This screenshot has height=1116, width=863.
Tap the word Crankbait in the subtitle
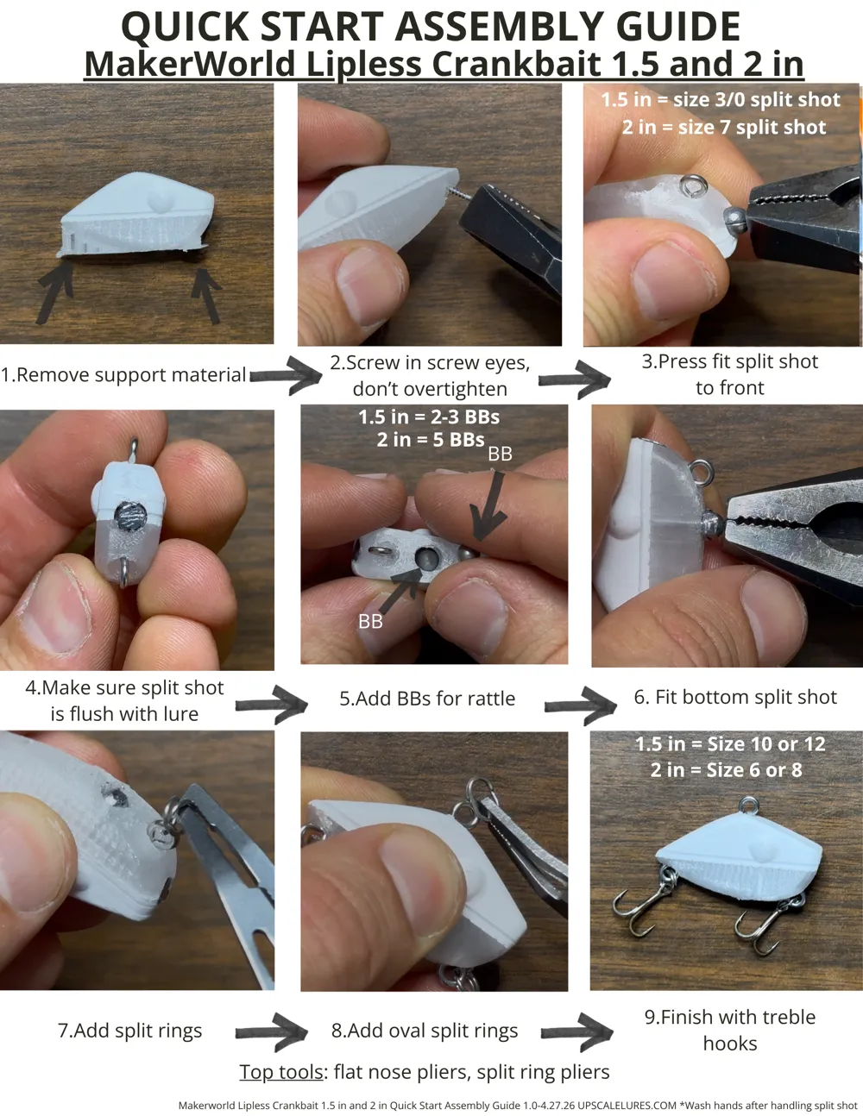point(516,64)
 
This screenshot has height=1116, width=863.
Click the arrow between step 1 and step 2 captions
point(286,375)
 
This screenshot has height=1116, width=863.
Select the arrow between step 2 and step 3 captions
point(574,380)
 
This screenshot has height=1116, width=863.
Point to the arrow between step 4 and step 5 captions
point(271,705)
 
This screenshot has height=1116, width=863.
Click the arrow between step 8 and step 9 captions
point(576,1031)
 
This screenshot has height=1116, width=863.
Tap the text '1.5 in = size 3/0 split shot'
point(721,100)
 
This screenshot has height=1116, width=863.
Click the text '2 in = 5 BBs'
point(431,440)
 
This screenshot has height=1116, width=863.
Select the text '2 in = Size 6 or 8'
point(727,770)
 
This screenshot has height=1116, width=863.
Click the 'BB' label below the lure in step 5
point(370,622)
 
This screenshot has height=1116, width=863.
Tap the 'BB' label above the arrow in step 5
point(500,454)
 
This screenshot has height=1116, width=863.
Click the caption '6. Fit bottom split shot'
point(735,697)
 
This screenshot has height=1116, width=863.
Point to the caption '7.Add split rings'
point(130,1031)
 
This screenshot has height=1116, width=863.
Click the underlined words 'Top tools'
point(281,1072)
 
